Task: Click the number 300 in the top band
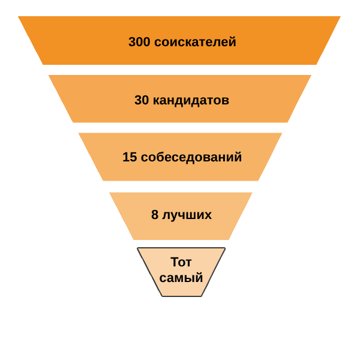(x=139, y=42)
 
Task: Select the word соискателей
(x=195, y=42)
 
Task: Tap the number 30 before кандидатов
(x=142, y=100)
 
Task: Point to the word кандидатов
(x=191, y=100)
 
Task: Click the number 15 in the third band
(x=130, y=157)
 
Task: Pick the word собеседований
(x=191, y=157)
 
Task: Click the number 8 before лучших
(x=155, y=215)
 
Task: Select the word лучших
(x=187, y=215)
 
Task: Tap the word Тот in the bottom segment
(x=181, y=262)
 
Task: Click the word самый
(x=181, y=278)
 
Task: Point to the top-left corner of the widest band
(x=19, y=17)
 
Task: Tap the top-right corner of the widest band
(x=340, y=17)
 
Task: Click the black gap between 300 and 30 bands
(x=180, y=70)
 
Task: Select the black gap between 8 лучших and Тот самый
(x=180, y=244)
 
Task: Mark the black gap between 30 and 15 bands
(x=180, y=128)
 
